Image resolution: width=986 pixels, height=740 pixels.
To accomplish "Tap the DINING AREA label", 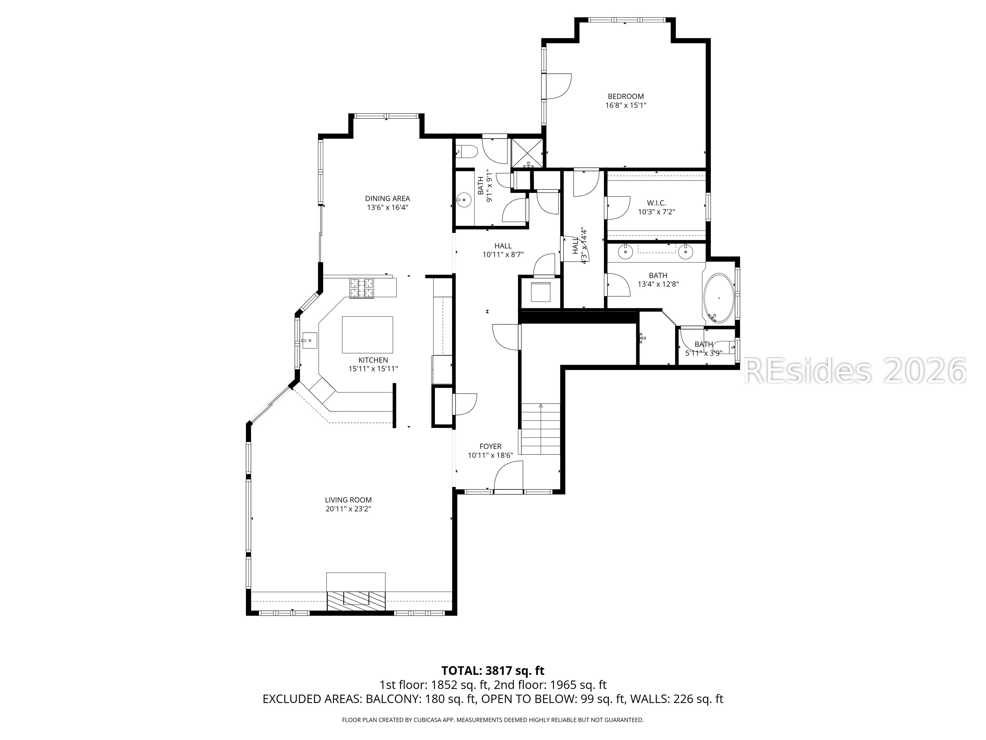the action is [x=387, y=199].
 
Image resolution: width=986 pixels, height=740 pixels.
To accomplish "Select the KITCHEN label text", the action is [x=373, y=360].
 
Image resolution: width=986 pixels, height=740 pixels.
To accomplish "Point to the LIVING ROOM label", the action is [x=348, y=500].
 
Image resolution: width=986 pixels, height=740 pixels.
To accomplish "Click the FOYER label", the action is [x=490, y=446].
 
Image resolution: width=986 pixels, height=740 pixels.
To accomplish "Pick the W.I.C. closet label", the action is [x=657, y=203].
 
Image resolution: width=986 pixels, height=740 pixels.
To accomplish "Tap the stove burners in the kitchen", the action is [x=362, y=288].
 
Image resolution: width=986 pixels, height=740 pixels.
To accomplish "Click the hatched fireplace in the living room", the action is [x=356, y=601].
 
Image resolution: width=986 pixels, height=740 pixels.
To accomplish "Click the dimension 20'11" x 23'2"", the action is [x=348, y=509].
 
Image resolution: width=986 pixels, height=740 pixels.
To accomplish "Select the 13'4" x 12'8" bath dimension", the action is [x=658, y=284].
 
